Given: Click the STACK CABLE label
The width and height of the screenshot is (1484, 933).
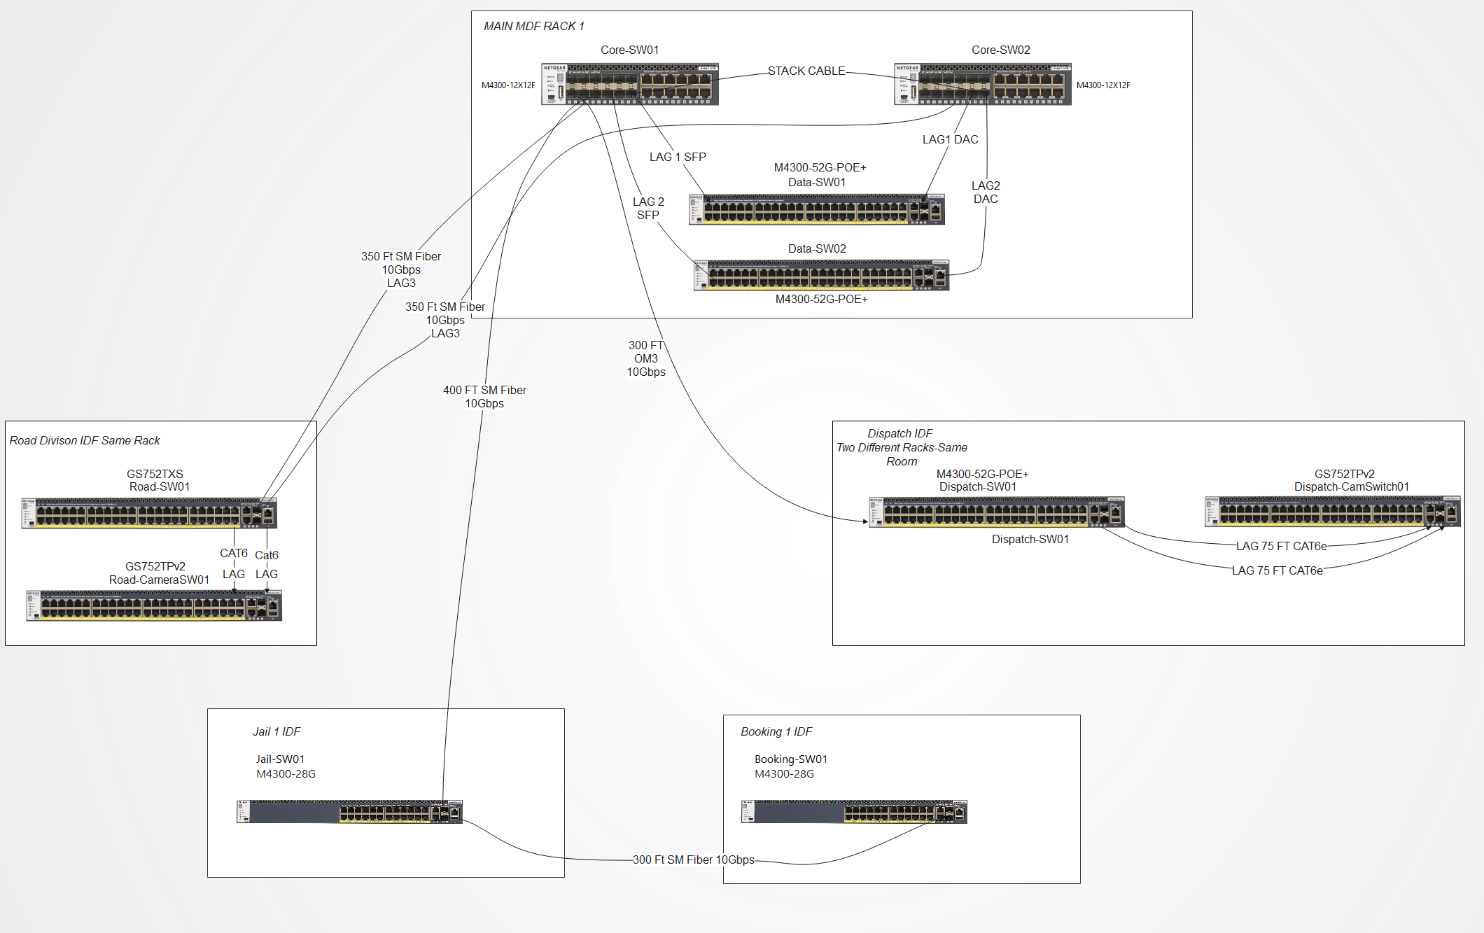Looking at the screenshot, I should coord(806,71).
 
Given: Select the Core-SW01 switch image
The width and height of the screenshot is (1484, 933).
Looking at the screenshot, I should coord(629,84).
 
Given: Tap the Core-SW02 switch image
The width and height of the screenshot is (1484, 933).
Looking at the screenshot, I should coord(982,84).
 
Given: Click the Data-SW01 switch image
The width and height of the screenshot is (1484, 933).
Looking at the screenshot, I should coord(816,209).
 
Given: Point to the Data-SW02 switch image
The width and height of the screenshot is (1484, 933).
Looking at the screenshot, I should coord(820,275).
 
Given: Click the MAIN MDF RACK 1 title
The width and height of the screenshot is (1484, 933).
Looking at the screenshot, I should coord(533,26).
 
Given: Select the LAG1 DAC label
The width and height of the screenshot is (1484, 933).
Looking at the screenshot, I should coord(950,139).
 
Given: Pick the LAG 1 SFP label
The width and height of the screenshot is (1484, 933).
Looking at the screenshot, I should coord(677,157).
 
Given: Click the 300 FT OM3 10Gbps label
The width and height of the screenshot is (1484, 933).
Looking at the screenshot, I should coord(645,358).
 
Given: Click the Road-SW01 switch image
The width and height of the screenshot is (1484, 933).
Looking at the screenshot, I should coord(149,513).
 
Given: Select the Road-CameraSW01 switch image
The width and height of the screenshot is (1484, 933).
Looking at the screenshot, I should coord(154,605).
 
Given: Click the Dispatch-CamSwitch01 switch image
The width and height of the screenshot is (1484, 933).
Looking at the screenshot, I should coord(1332,512).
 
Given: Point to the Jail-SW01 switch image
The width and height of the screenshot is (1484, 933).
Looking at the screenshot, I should coord(349,812).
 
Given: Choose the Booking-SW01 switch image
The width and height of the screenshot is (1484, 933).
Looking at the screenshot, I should coord(854,812).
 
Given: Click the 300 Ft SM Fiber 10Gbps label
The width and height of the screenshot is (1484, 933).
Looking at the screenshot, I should coord(693,860).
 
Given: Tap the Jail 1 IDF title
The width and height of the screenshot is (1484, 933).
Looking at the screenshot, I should coord(276,731).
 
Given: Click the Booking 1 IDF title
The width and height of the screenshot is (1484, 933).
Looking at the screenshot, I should coord(776,731).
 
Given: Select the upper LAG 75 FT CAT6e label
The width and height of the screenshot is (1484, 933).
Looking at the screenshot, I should coord(1281,546).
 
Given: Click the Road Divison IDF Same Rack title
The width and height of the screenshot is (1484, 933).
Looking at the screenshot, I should coord(85,440).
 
